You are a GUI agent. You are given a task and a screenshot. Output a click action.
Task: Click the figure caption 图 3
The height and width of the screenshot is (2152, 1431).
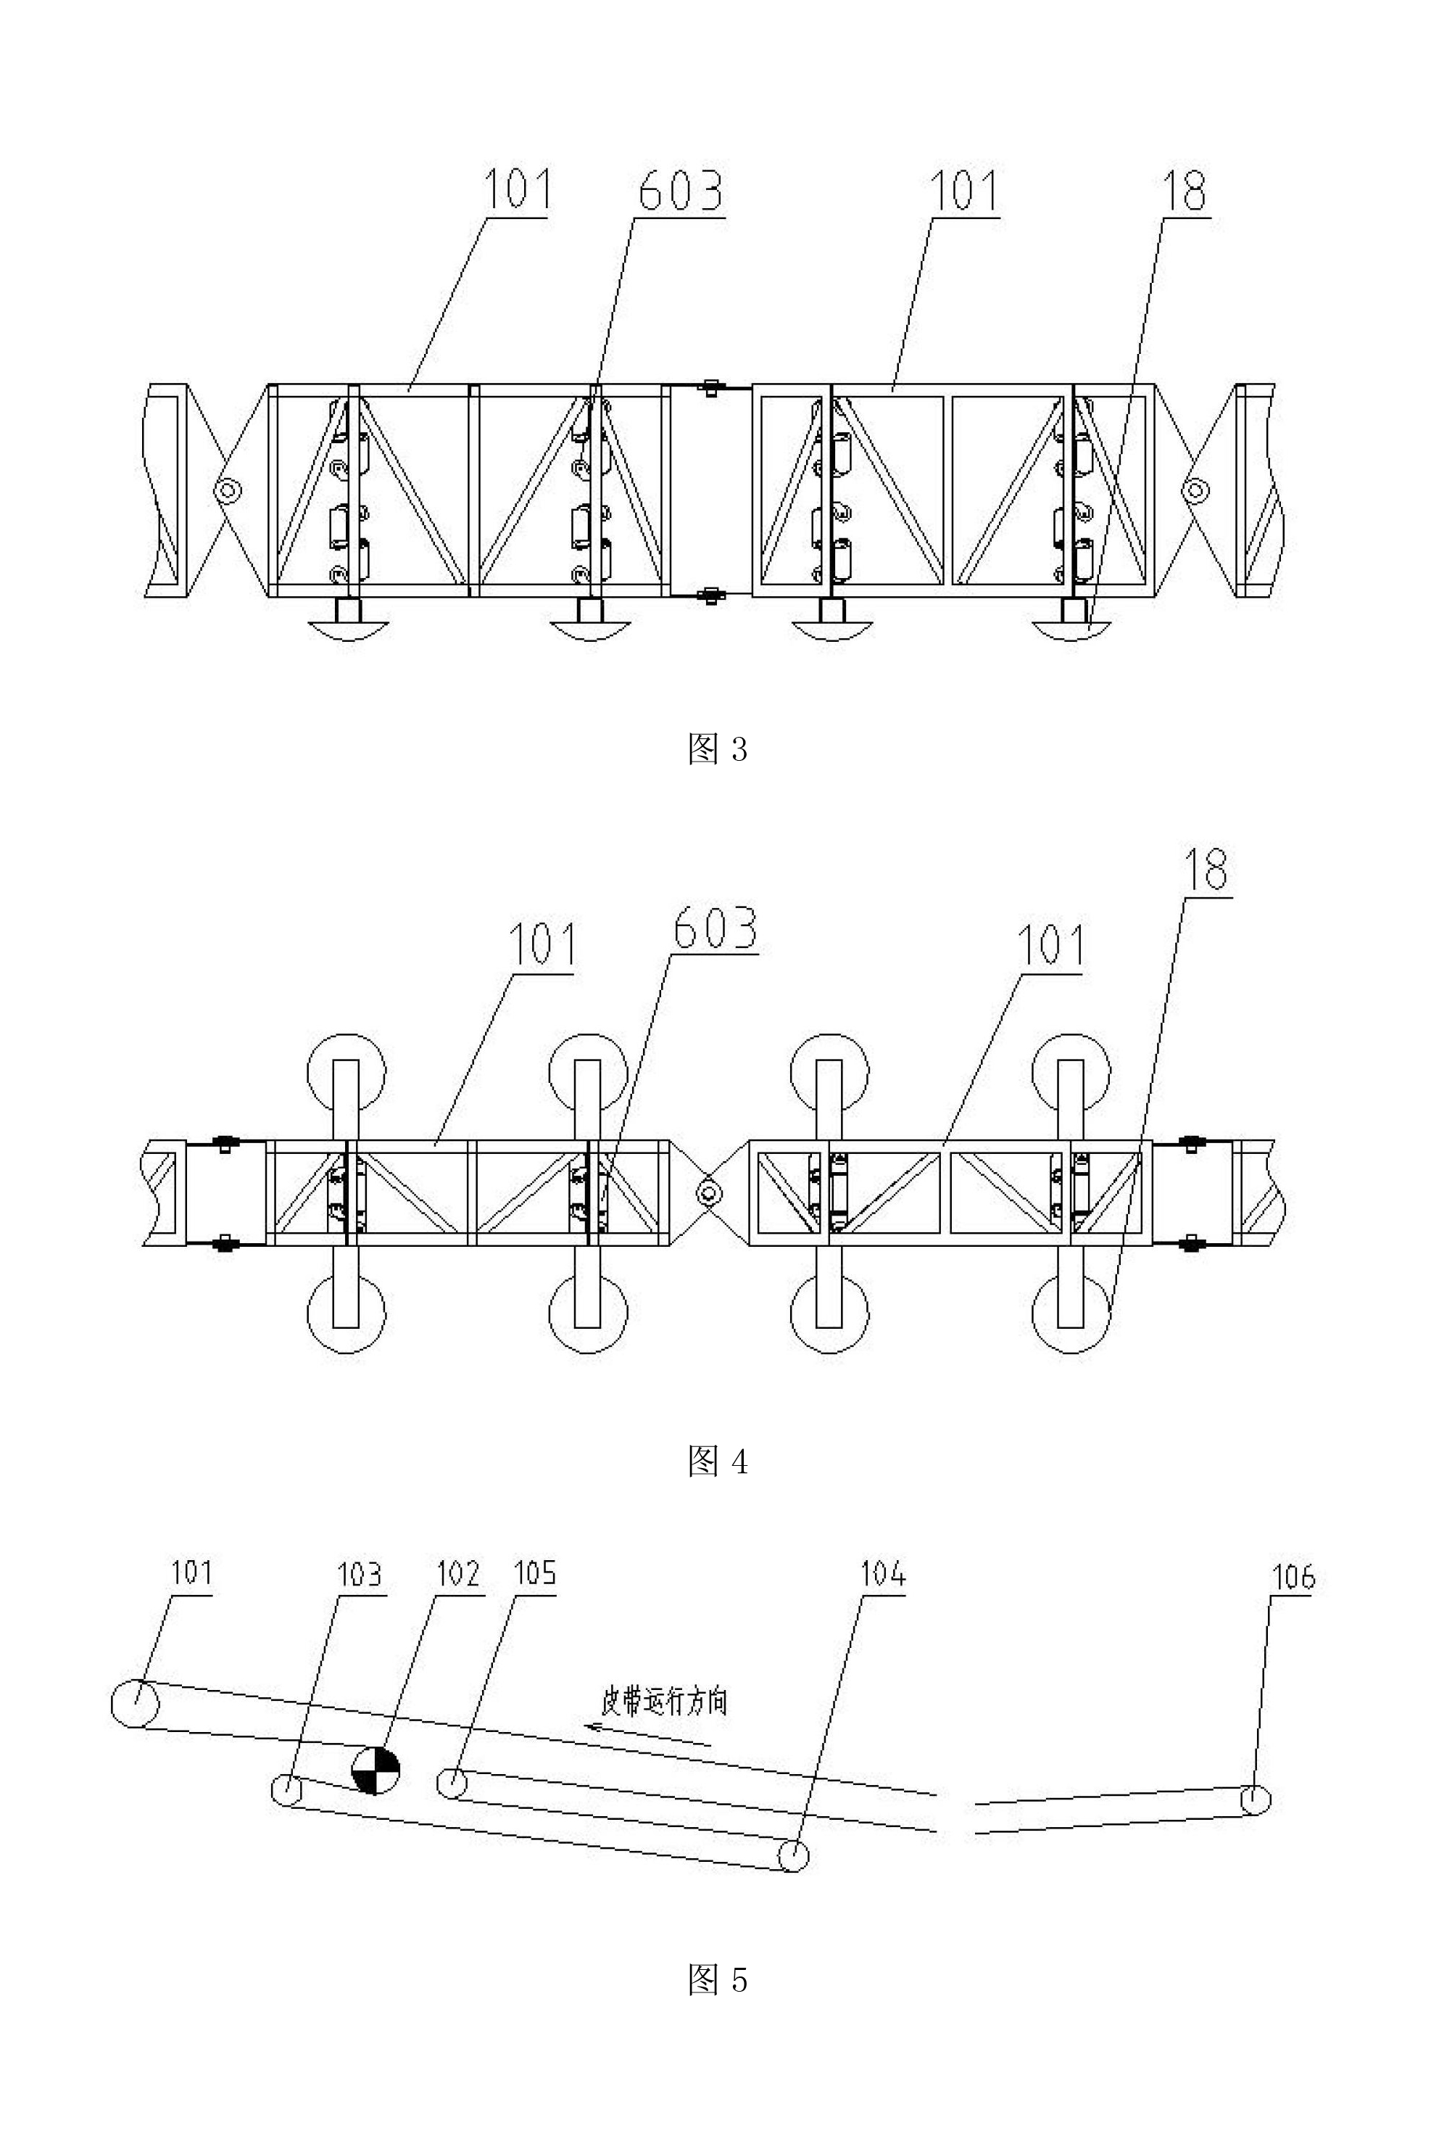718,749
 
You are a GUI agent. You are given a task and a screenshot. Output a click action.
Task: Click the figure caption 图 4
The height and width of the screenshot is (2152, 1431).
718,1462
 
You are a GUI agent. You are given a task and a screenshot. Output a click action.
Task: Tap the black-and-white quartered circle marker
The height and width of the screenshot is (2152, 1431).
375,1770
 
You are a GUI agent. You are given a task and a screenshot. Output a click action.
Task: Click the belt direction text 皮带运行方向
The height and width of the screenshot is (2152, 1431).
663,1701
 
